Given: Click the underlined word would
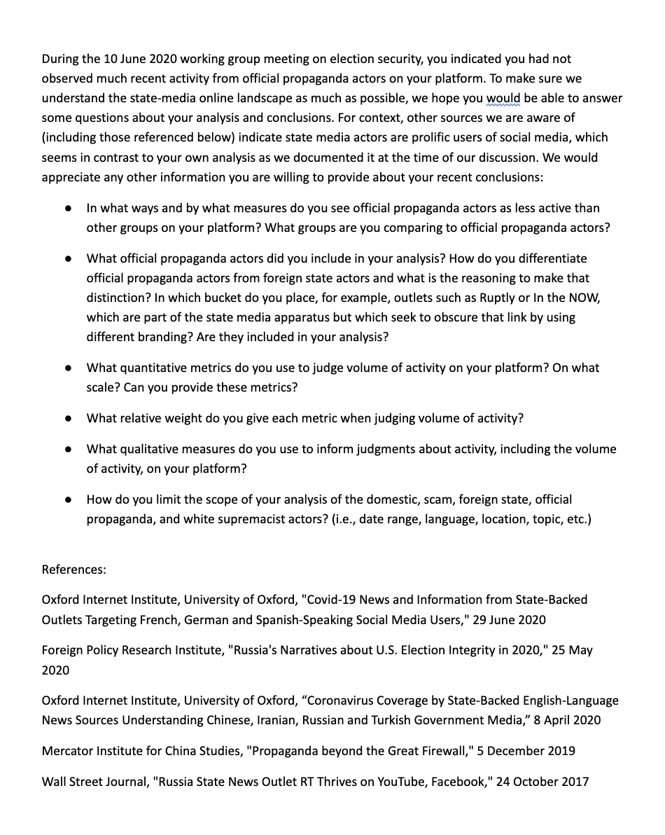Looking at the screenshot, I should (x=503, y=98).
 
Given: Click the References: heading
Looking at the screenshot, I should (x=74, y=570).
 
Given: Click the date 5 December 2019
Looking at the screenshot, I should (x=526, y=751).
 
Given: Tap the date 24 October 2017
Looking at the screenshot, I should (x=542, y=782).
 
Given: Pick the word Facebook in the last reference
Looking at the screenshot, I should (x=456, y=782).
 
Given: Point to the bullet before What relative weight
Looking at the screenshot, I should (x=68, y=418).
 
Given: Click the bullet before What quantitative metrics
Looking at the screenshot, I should (x=68, y=368).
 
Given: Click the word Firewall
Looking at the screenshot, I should (x=443, y=751).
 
